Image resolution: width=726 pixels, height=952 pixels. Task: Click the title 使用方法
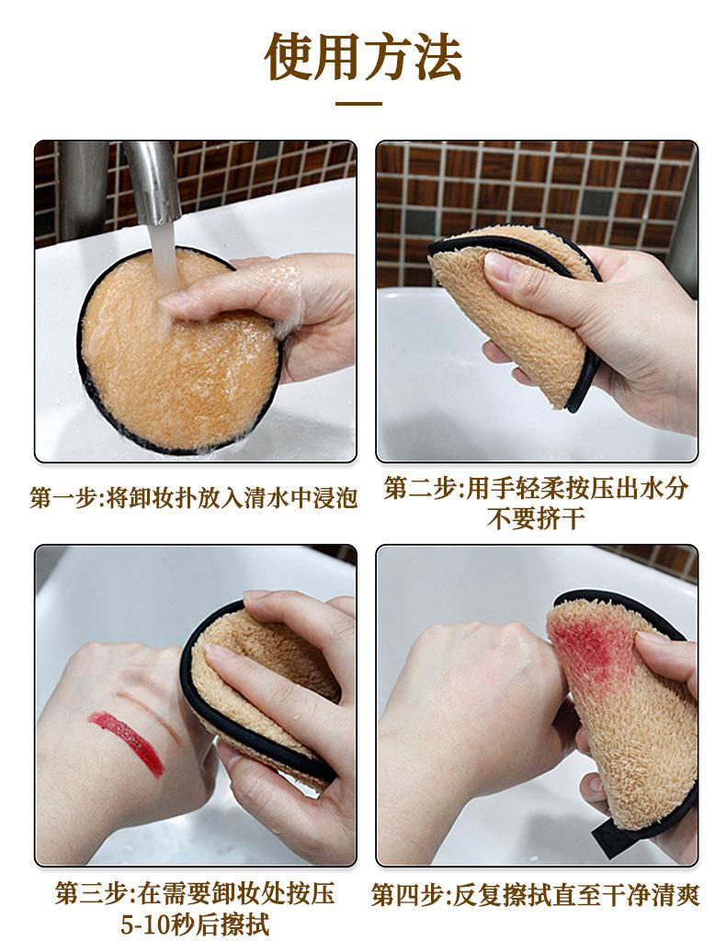click(363, 57)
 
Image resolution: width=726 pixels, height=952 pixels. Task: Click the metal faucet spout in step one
click(153, 180)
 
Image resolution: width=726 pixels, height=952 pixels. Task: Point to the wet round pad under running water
click(179, 351)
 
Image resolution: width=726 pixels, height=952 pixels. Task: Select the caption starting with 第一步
click(194, 498)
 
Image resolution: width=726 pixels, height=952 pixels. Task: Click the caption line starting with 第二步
click(537, 488)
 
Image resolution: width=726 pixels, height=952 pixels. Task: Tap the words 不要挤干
click(536, 518)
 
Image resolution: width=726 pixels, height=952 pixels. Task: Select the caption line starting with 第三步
click(195, 894)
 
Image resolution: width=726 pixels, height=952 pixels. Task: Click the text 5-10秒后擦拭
click(195, 924)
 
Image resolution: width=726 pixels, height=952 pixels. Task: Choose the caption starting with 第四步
click(536, 895)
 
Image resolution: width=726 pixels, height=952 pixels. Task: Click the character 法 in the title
click(437, 57)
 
